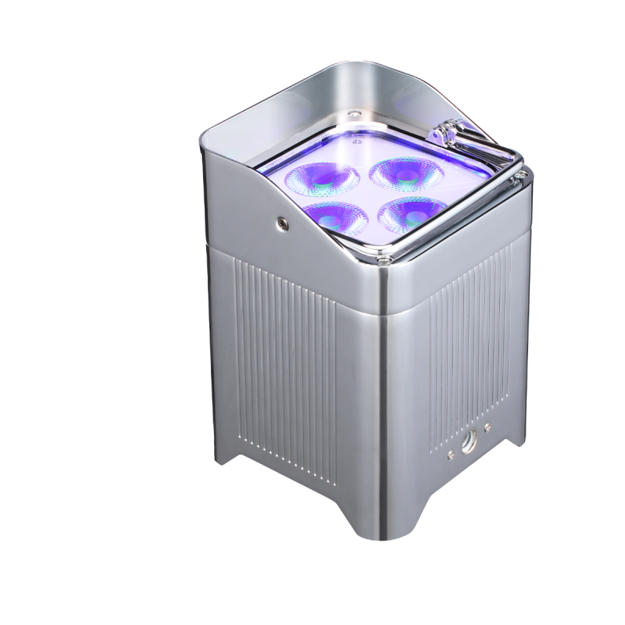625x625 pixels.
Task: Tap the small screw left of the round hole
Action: point(452,452)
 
